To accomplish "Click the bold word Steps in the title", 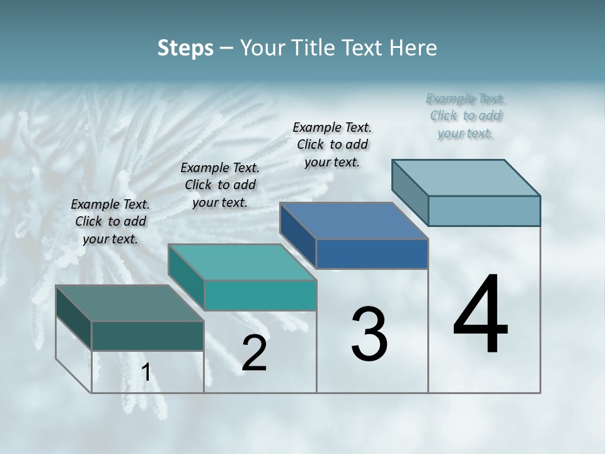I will (x=185, y=48).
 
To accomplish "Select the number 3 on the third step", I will (x=369, y=335).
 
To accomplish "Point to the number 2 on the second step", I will (x=254, y=353).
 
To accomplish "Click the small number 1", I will (x=146, y=373).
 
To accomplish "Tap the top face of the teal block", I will (x=242, y=262).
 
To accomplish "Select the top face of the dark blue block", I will (x=354, y=221).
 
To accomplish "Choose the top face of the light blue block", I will (x=466, y=177).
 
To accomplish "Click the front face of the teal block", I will (x=260, y=296).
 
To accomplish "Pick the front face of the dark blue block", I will (x=372, y=254).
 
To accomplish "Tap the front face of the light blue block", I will (x=484, y=211).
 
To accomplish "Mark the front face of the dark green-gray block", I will (x=147, y=336).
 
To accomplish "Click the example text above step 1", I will (x=110, y=221).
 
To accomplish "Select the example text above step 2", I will (x=220, y=185).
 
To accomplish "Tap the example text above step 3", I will (x=332, y=144).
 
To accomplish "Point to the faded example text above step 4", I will (x=466, y=115).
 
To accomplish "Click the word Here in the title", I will (x=413, y=48).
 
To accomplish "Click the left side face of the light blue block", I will (x=410, y=192).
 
